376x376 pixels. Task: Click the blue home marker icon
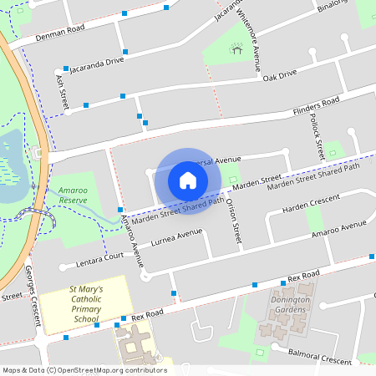point(187,180)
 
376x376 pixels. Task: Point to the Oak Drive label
point(280,75)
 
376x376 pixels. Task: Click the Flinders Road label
point(316,105)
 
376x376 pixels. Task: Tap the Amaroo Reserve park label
point(73,196)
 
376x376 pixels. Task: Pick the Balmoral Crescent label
point(322,361)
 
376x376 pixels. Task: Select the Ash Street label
point(60,92)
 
